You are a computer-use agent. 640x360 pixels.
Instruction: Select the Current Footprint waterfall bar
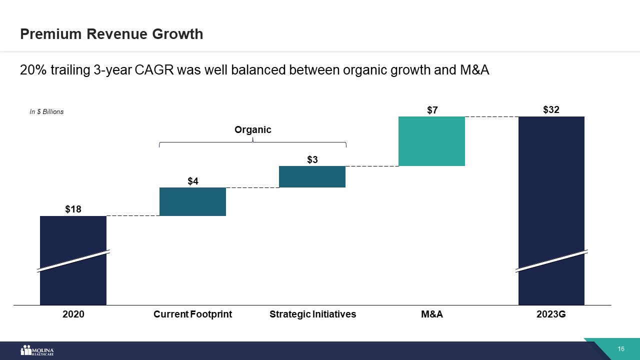tap(192, 201)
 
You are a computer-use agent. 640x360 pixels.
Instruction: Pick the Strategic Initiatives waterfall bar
tap(312, 176)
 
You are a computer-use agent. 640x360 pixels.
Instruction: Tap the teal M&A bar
tap(431, 141)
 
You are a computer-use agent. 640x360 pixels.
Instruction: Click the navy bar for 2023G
tap(551, 210)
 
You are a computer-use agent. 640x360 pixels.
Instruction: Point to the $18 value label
tap(73, 209)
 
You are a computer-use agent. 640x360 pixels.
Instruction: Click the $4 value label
tap(193, 181)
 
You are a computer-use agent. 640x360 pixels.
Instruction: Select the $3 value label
tap(312, 159)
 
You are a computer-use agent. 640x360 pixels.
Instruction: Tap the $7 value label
tap(432, 110)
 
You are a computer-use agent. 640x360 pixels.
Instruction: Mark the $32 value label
tap(551, 110)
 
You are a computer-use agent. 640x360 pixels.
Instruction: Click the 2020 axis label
tap(73, 314)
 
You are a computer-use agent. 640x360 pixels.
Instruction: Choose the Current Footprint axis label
tap(192, 314)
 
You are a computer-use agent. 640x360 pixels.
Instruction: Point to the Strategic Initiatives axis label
tap(312, 314)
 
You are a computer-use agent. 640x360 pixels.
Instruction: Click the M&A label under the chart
tap(432, 314)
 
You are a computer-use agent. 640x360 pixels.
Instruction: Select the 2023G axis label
tap(551, 314)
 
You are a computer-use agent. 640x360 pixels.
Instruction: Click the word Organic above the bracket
tap(253, 130)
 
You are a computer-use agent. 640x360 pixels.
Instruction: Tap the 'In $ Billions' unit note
tap(46, 112)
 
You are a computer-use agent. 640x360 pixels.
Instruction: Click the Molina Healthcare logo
tap(36, 350)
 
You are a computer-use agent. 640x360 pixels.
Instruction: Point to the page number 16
tap(621, 349)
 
